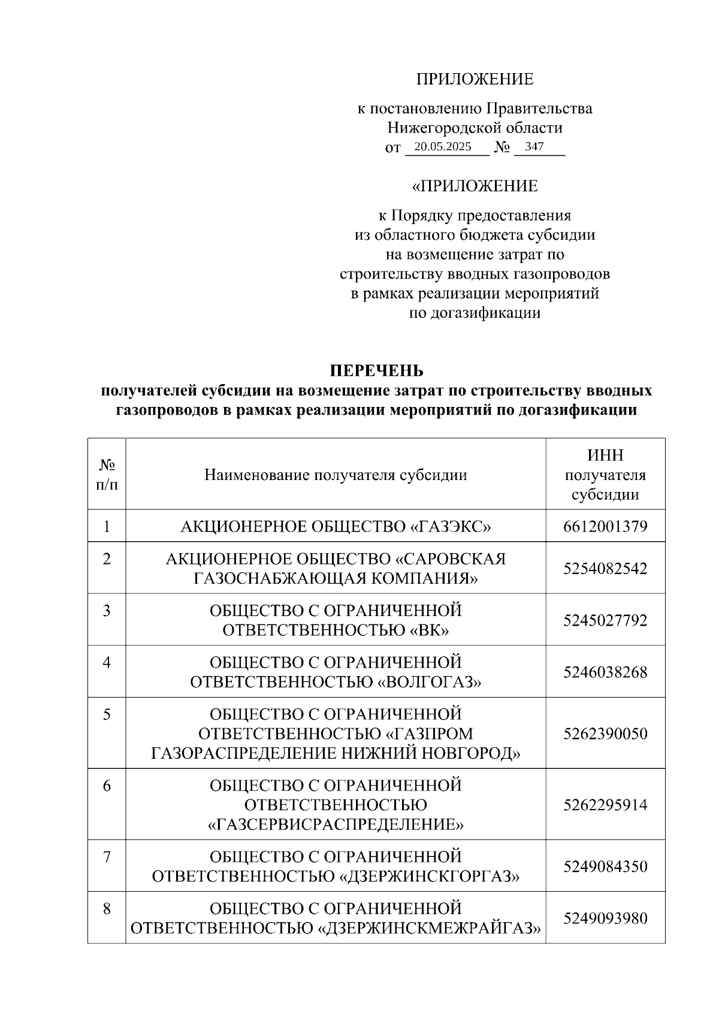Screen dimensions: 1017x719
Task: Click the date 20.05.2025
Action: coord(443,147)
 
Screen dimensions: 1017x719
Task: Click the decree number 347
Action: coord(534,147)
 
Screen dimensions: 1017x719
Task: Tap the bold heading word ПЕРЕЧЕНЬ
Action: coord(377,371)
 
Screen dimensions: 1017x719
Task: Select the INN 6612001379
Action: coord(605,527)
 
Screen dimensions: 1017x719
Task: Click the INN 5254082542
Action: coord(605,568)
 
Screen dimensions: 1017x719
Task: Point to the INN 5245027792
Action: coord(605,620)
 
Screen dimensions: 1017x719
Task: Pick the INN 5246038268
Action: coord(605,672)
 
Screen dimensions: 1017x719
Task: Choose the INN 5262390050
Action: coord(605,734)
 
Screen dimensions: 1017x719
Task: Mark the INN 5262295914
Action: coord(605,804)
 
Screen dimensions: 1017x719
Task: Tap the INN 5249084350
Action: coord(605,867)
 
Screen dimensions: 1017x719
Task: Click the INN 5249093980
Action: coord(605,918)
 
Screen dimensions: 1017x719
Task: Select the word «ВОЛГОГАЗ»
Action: coord(430,682)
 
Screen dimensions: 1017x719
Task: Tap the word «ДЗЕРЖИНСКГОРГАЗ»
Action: coord(430,877)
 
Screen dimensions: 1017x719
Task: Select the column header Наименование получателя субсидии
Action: coord(336,475)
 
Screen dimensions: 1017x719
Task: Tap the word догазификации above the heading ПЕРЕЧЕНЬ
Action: coord(475,313)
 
